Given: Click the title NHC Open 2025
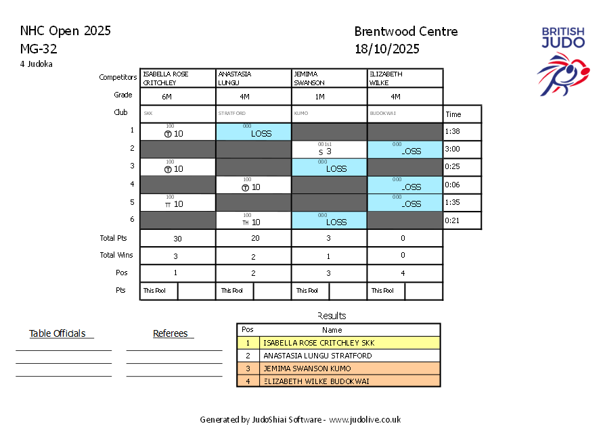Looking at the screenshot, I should (x=66, y=31).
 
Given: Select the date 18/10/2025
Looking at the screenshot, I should (x=386, y=49).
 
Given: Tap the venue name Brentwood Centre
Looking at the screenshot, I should (x=405, y=32).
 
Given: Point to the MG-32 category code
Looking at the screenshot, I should (x=39, y=49).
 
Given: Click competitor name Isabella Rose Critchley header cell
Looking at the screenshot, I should (x=177, y=78).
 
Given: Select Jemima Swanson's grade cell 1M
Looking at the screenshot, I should (x=329, y=97).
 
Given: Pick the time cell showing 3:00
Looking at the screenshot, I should (x=453, y=149).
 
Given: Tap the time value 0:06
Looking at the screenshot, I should (x=453, y=185).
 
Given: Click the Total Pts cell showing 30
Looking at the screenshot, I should (x=177, y=239).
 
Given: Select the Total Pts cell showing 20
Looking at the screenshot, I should (x=253, y=239).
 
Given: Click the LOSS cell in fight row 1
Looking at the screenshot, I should (x=253, y=132).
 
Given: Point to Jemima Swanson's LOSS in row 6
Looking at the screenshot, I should (x=329, y=220).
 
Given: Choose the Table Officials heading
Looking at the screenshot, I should (x=58, y=333).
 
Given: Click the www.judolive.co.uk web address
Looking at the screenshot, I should (x=365, y=420).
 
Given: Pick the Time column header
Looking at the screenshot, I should (x=453, y=114).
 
